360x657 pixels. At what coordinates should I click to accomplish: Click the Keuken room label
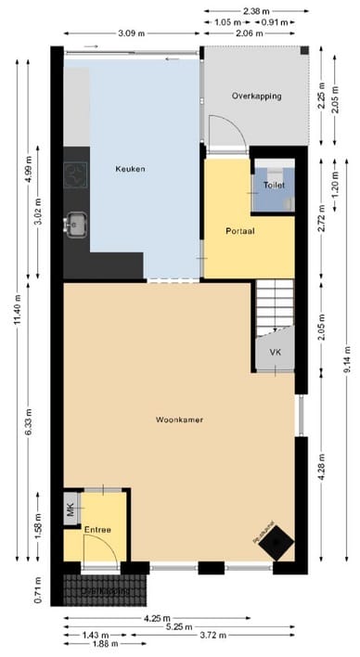[x=130, y=169]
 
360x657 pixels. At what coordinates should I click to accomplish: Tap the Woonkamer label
[x=179, y=420]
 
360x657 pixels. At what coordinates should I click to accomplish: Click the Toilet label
[x=275, y=186]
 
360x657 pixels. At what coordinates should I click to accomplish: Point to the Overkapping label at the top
[x=256, y=96]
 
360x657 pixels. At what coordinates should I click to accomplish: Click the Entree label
[x=97, y=530]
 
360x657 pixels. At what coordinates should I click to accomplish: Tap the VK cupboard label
[x=275, y=353]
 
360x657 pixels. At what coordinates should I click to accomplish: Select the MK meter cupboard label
[x=71, y=509]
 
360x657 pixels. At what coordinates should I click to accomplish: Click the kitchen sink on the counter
[x=73, y=224]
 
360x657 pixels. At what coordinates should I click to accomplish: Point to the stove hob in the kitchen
[x=73, y=174]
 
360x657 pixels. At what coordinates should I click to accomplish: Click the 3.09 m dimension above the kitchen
[x=132, y=33]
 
